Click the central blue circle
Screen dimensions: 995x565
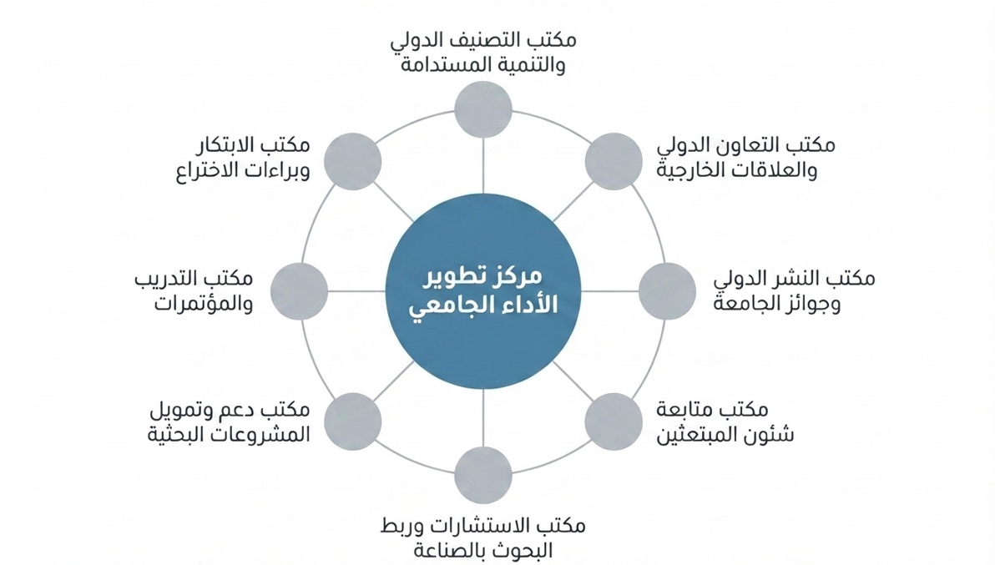point(483,292)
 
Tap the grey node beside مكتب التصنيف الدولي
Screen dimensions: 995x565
point(483,109)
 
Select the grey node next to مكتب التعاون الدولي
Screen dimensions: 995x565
point(614,161)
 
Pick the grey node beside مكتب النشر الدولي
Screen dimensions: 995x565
point(667,292)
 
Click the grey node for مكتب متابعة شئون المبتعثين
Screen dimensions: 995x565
point(614,421)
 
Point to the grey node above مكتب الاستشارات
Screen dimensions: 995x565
point(483,475)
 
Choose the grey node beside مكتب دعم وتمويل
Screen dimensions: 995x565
point(353,421)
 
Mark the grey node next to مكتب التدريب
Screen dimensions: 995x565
point(299,292)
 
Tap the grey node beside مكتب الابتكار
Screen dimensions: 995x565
point(353,161)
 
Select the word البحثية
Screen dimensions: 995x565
point(170,435)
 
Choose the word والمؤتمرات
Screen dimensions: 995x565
point(204,303)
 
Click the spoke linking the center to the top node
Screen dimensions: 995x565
point(483,166)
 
